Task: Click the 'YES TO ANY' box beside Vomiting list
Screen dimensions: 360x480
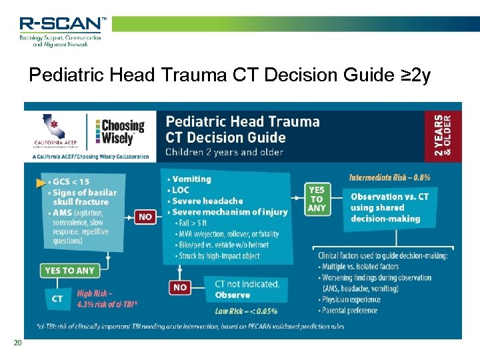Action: pos(317,199)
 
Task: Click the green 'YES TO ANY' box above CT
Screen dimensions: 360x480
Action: pos(69,271)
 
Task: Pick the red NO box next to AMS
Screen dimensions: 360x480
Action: pos(145,217)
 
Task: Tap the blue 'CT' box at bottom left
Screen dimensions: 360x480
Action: pos(58,299)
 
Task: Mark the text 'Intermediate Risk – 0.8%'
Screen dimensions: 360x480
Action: pos(390,177)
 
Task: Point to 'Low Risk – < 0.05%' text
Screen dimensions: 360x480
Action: pos(246,311)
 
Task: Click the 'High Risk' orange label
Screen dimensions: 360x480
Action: pos(95,293)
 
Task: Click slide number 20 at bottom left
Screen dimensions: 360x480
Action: pos(18,343)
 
